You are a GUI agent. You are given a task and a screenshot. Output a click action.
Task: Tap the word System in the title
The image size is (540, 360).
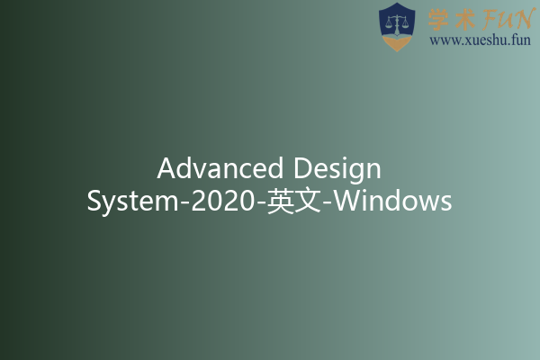(133, 201)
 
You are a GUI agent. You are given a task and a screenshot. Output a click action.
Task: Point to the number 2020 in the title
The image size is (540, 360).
(221, 201)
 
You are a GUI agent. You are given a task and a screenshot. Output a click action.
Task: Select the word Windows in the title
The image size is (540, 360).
(393, 201)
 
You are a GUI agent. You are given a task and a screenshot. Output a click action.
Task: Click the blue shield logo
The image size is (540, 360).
(397, 26)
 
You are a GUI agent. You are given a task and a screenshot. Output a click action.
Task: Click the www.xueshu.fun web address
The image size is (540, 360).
(481, 40)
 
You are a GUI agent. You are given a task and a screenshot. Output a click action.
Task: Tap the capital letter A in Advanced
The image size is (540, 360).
(166, 168)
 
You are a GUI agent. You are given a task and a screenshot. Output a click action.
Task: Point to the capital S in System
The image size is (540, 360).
(95, 201)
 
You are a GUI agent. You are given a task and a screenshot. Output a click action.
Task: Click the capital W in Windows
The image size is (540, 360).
(349, 201)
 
